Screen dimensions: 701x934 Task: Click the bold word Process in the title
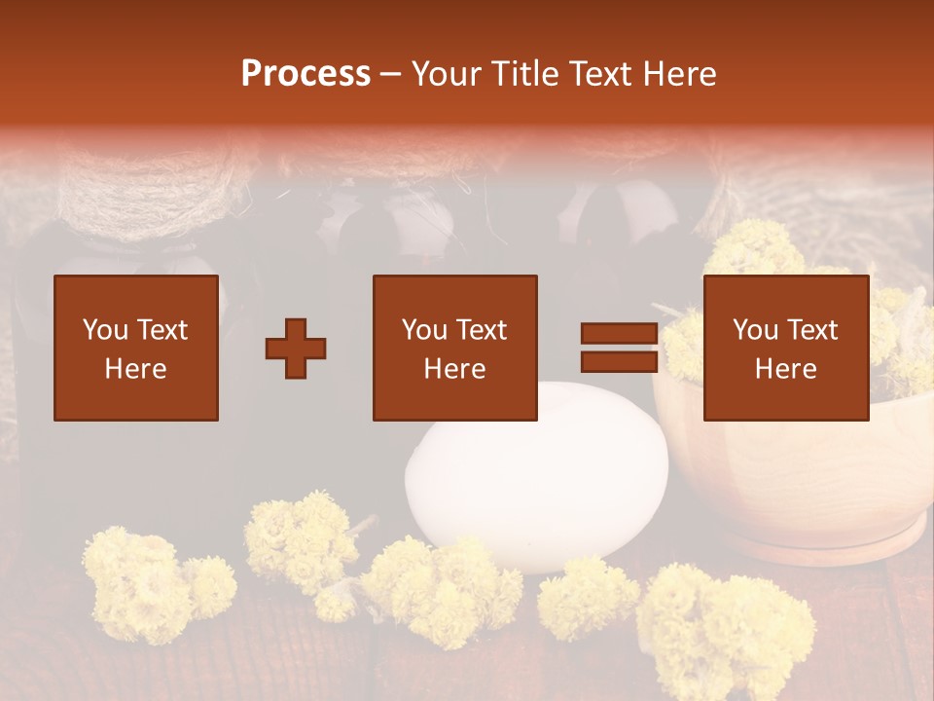(x=305, y=74)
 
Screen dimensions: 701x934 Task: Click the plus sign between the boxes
(x=296, y=349)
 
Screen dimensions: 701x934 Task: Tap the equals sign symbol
(x=619, y=348)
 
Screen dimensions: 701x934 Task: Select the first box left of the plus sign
(x=135, y=348)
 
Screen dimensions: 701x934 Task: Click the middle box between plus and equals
(x=454, y=348)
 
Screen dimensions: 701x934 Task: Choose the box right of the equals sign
(x=785, y=348)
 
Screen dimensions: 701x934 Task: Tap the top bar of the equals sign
(x=619, y=334)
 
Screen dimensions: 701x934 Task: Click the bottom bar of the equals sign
(x=619, y=361)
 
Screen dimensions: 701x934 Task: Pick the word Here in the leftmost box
(x=135, y=369)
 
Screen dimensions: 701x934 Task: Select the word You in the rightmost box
(x=755, y=330)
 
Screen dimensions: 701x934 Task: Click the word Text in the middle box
(x=481, y=330)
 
